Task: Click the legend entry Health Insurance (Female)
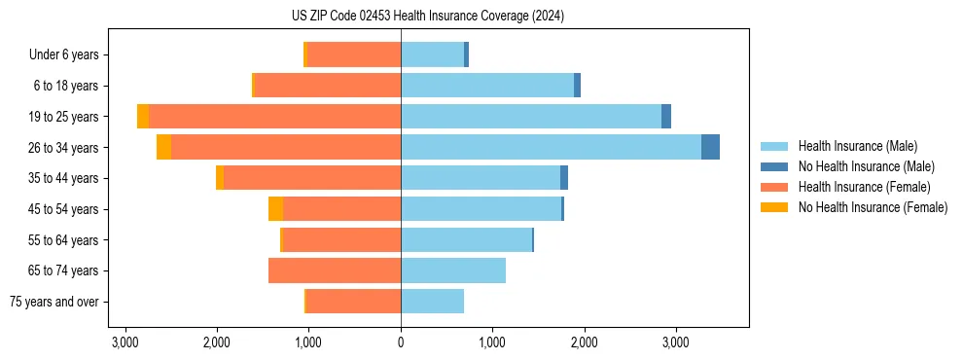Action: [858, 187]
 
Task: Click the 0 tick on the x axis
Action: [401, 342]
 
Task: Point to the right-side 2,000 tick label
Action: [584, 342]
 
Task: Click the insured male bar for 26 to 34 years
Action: [551, 148]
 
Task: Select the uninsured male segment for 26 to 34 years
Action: [710, 148]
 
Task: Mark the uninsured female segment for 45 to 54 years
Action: [276, 209]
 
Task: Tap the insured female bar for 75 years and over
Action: [353, 302]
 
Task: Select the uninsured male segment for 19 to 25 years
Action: [666, 117]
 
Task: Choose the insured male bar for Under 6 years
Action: [432, 55]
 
